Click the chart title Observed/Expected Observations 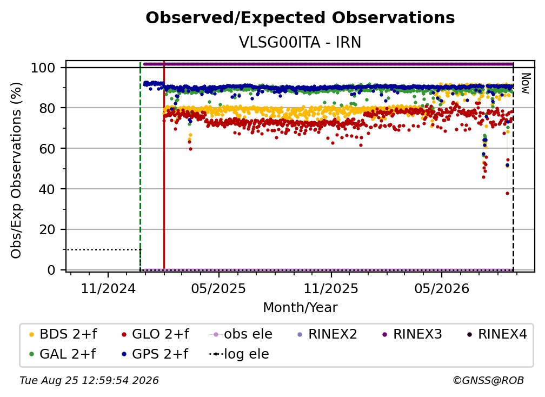[x=300, y=18]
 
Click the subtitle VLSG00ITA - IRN [x=300, y=43]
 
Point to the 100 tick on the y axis [x=43, y=68]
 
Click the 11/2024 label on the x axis [x=108, y=288]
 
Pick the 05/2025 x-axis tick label [x=218, y=288]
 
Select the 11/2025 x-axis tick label [x=331, y=288]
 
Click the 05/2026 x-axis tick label [x=442, y=288]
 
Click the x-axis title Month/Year [x=300, y=308]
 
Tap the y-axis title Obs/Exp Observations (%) [x=16, y=170]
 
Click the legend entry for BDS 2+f [x=63, y=334]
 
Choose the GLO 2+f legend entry [x=155, y=334]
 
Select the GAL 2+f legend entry [x=63, y=354]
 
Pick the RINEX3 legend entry [x=412, y=334]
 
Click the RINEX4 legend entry [x=497, y=334]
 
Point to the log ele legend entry [x=239, y=354]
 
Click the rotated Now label [x=525, y=83]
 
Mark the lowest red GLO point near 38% [x=507, y=193]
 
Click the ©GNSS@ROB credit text [x=488, y=381]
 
